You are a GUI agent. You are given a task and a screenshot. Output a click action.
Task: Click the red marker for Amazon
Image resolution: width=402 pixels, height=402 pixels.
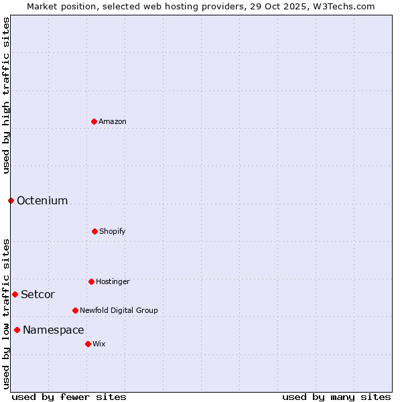[94, 121]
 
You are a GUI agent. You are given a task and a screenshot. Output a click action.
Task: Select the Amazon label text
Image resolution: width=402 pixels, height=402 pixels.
[113, 122]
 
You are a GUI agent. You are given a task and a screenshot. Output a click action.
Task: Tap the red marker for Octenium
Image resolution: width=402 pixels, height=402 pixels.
[11, 200]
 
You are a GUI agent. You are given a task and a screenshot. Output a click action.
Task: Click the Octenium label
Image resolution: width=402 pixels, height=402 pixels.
[42, 201]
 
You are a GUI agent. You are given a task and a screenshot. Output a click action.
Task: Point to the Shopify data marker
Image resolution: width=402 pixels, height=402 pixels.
[94, 231]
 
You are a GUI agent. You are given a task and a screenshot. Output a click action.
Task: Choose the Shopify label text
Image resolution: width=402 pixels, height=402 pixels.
[113, 232]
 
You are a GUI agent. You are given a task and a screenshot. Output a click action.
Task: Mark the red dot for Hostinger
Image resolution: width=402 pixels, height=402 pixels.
[91, 281]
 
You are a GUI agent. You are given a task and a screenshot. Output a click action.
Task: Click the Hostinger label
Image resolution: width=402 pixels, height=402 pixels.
[113, 282]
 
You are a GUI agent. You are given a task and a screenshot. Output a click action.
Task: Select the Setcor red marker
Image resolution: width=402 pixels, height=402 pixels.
[15, 294]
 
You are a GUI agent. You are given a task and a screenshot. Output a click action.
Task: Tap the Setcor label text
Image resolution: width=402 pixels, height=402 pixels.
[38, 295]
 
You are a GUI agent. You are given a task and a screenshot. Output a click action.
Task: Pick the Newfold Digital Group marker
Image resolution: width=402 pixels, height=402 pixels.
[75, 310]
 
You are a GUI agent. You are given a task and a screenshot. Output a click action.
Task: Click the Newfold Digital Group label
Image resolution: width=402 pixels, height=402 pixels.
[119, 311]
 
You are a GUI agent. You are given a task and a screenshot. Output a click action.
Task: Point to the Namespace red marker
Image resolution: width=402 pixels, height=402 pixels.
[17, 330]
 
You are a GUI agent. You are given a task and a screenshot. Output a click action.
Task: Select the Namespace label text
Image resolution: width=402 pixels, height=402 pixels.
[54, 330]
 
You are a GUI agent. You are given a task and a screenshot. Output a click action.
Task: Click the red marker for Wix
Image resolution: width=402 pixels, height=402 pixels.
[88, 344]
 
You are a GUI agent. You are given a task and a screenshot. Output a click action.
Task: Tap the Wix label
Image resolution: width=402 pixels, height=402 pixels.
[99, 344]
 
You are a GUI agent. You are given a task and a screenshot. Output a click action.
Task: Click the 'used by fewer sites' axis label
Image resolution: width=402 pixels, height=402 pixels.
[69, 397]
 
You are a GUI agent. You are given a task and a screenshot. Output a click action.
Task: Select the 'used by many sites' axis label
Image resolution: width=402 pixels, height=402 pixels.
[336, 397]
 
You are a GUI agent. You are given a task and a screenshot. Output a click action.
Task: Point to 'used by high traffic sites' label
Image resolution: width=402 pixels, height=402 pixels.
[6, 95]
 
